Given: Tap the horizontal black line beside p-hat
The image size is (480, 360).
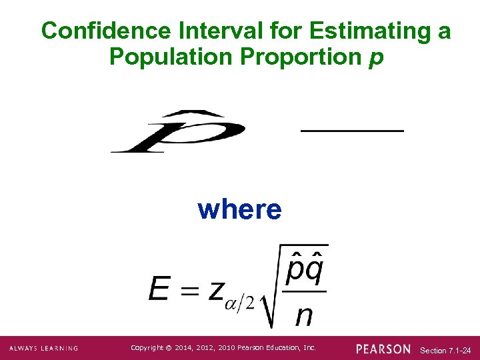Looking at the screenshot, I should click(352, 131).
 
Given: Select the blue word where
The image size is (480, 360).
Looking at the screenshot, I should click(239, 209).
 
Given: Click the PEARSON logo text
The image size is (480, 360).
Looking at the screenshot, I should click(383, 349).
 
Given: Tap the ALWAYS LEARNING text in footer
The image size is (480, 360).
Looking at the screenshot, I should click(43, 349).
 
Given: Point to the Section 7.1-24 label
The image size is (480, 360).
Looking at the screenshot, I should click(446, 350).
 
